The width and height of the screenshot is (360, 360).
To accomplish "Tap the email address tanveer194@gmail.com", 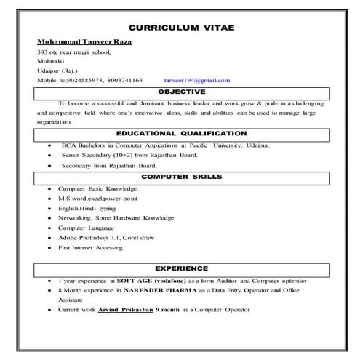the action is [191, 80].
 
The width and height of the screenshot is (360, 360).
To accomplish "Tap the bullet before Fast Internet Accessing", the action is [48, 247].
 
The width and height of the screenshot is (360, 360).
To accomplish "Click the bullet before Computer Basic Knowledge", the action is [48, 188].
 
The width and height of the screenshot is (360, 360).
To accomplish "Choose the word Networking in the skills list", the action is [74, 217].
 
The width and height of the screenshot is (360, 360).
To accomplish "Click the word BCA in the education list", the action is [68, 145].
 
